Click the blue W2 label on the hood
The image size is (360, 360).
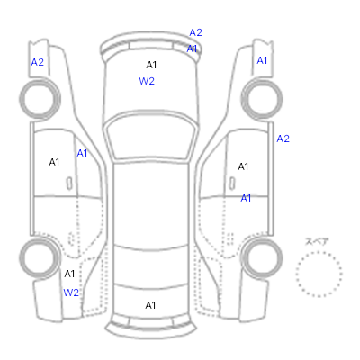tap(147, 81)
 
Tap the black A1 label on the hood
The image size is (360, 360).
tap(151, 65)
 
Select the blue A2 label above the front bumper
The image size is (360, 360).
tap(196, 32)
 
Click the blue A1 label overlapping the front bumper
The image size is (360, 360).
tap(192, 49)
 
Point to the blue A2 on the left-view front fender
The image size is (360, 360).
tap(38, 62)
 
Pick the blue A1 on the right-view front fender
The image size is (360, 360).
tap(262, 60)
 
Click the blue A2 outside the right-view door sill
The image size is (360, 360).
tap(283, 139)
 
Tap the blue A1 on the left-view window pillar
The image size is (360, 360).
tap(82, 153)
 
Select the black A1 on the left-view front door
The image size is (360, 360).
tap(54, 162)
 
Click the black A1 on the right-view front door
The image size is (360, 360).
tap(243, 166)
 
